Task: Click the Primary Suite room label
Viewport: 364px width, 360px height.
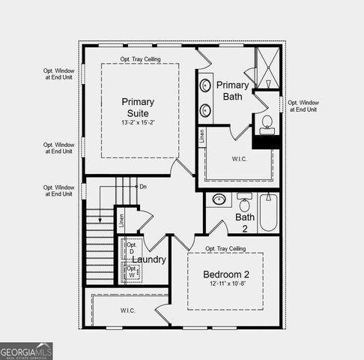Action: pyautogui.click(x=139, y=107)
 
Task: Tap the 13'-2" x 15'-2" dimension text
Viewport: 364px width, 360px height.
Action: pyautogui.click(x=140, y=122)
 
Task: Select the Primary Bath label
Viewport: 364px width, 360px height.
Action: pyautogui.click(x=232, y=91)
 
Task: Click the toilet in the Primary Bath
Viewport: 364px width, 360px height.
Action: pyautogui.click(x=267, y=124)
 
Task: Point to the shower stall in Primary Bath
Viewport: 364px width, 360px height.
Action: pyautogui.click(x=266, y=67)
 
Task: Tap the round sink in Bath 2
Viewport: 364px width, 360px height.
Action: pyautogui.click(x=219, y=199)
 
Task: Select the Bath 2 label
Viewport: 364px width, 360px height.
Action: pyautogui.click(x=246, y=222)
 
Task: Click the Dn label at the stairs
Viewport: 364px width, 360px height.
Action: pyautogui.click(x=142, y=187)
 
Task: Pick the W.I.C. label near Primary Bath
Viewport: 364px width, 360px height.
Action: pyautogui.click(x=240, y=159)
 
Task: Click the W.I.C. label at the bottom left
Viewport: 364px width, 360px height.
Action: pyautogui.click(x=127, y=310)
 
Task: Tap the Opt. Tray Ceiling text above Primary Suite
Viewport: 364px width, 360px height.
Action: pyautogui.click(x=141, y=59)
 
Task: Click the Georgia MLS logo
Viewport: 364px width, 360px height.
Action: pyautogui.click(x=26, y=351)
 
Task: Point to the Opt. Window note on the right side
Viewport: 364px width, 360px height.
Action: pyautogui.click(x=303, y=106)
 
